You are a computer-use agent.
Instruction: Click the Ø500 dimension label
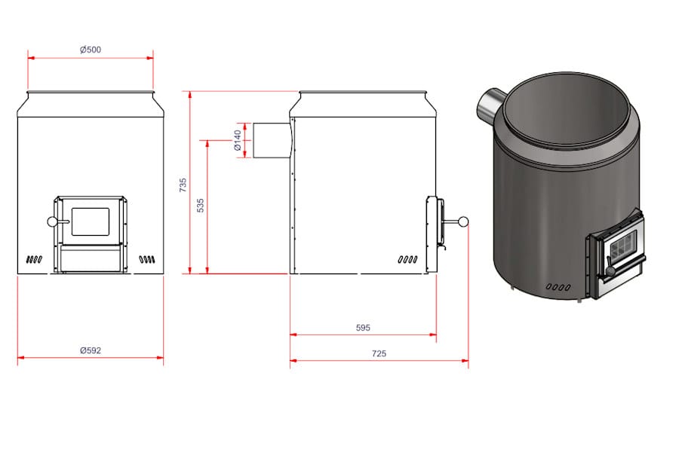pos(91,50)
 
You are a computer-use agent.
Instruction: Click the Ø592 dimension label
pos(91,350)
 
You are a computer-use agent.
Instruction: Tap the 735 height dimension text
pos(183,185)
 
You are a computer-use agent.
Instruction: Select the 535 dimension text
pos(200,206)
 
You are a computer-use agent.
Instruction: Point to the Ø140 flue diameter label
pos(238,141)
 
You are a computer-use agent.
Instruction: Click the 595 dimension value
pos(363,328)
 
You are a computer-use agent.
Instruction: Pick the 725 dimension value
pos(379,353)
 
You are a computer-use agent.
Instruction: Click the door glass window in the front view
pos(91,221)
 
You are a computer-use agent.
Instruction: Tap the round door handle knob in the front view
pos(52,222)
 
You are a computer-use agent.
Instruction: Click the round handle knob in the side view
pos(463,222)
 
